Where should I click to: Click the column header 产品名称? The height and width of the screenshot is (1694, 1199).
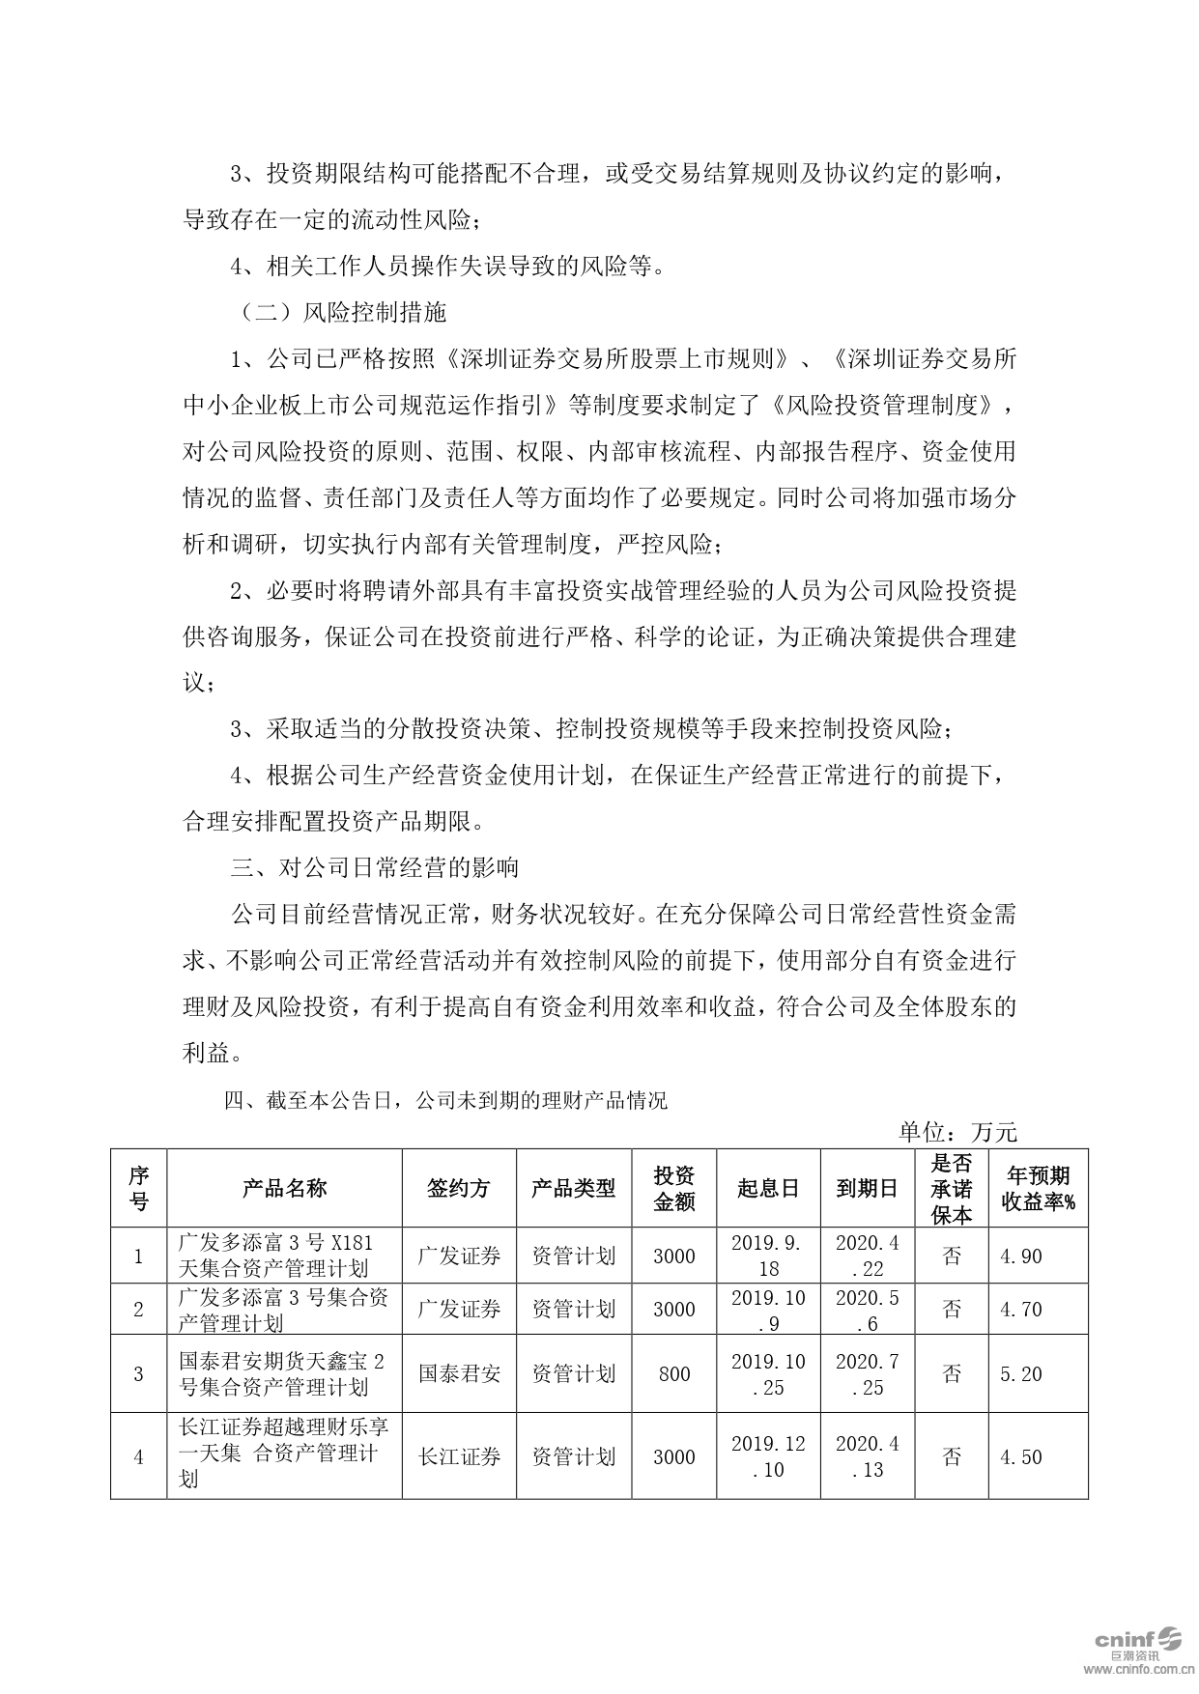coord(284,1188)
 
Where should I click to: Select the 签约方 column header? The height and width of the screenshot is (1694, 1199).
coord(459,1188)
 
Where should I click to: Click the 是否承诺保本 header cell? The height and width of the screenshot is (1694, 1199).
coord(951,1188)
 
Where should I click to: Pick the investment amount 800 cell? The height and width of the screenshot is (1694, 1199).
coord(673,1373)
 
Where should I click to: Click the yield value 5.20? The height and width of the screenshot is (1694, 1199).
coord(1020,1373)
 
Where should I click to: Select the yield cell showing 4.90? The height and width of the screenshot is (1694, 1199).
coord(1020,1256)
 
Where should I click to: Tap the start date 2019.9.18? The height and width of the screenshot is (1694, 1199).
coord(768,1256)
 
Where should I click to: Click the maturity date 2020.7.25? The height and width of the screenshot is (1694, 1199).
coord(867,1373)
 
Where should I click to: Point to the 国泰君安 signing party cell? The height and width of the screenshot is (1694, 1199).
coord(459,1373)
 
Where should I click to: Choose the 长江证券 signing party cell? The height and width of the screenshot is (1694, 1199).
coord(459,1456)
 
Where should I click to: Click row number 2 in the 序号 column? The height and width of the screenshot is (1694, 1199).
coord(138,1310)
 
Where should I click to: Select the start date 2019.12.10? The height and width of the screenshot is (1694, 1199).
coord(768,1456)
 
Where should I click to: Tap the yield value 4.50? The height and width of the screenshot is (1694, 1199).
coord(1020,1456)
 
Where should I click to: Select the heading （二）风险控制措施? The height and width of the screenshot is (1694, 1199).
coord(338,312)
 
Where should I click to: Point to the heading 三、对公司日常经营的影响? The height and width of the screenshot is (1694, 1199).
coord(375,866)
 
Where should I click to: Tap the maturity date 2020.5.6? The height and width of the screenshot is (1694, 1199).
coord(867,1310)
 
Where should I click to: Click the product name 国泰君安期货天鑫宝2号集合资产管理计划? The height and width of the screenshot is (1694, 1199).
coord(282,1373)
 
